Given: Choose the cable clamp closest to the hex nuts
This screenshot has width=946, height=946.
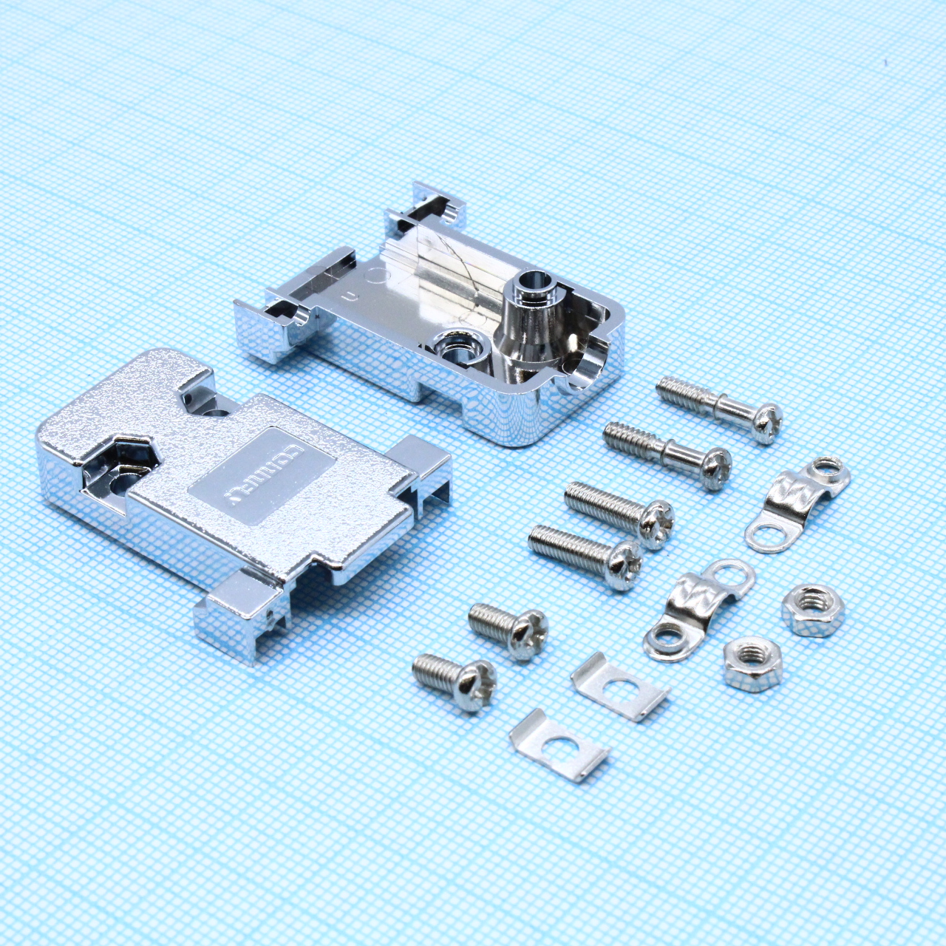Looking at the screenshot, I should [x=698, y=606].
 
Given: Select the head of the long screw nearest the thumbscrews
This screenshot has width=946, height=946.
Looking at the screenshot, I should [x=655, y=523].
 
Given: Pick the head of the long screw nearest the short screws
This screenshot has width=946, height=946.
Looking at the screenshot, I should [x=622, y=565].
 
